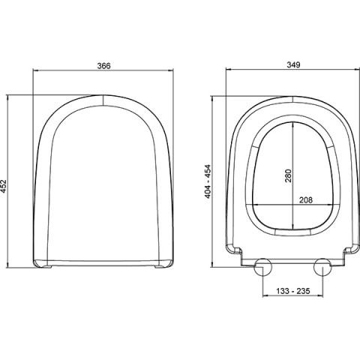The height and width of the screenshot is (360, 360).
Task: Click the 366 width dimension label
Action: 103,66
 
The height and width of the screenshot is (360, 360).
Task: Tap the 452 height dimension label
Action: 4,186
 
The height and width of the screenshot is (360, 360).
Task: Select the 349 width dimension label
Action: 293,65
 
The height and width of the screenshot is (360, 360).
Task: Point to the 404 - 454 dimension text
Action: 208,181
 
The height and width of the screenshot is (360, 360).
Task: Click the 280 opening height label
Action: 289,175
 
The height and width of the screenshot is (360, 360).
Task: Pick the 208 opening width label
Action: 306,200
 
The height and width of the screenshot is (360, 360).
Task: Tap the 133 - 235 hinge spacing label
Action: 293,291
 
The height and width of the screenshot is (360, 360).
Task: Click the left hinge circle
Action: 262,267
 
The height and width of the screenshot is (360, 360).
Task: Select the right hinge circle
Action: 322,267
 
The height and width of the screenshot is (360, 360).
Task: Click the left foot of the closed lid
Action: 48,267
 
